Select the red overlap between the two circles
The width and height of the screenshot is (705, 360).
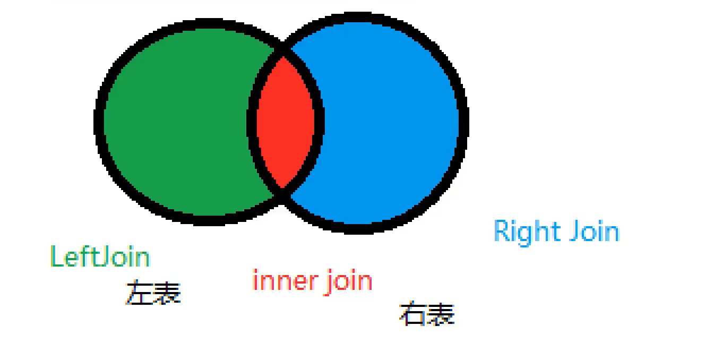pos(286,122)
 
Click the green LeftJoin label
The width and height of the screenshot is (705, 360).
pos(100,257)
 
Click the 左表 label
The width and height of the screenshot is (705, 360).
pos(153,293)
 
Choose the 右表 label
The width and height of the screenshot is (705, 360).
pos(427,313)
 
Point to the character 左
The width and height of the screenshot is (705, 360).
pos(139,293)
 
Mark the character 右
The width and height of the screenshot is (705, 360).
pos(413,313)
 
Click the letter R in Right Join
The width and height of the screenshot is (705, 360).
pos(503,232)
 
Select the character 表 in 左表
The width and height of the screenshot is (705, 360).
pos(167,293)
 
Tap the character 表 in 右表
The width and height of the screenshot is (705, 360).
pos(441,313)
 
